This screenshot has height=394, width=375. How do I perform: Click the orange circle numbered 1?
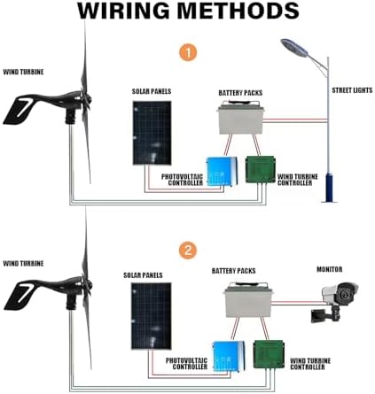click(x=188, y=51)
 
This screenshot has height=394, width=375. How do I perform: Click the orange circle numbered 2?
click(x=188, y=251)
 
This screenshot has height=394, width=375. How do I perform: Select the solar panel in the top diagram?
click(x=153, y=133)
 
